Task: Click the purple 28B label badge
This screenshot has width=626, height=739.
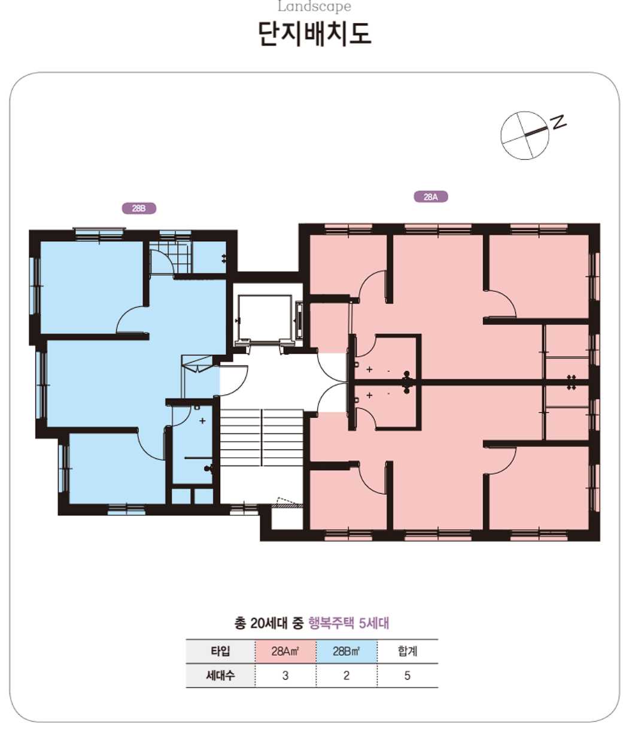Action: (x=139, y=208)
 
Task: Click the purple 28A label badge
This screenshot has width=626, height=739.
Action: (x=430, y=197)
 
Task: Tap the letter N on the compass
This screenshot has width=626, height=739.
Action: (x=558, y=121)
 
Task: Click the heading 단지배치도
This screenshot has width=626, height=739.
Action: (x=314, y=34)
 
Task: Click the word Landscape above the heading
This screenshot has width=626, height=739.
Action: (x=314, y=6)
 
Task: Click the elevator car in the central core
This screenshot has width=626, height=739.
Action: (x=265, y=318)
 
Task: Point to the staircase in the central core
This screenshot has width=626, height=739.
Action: (x=262, y=437)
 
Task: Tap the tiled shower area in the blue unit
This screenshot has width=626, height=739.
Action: (x=169, y=257)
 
